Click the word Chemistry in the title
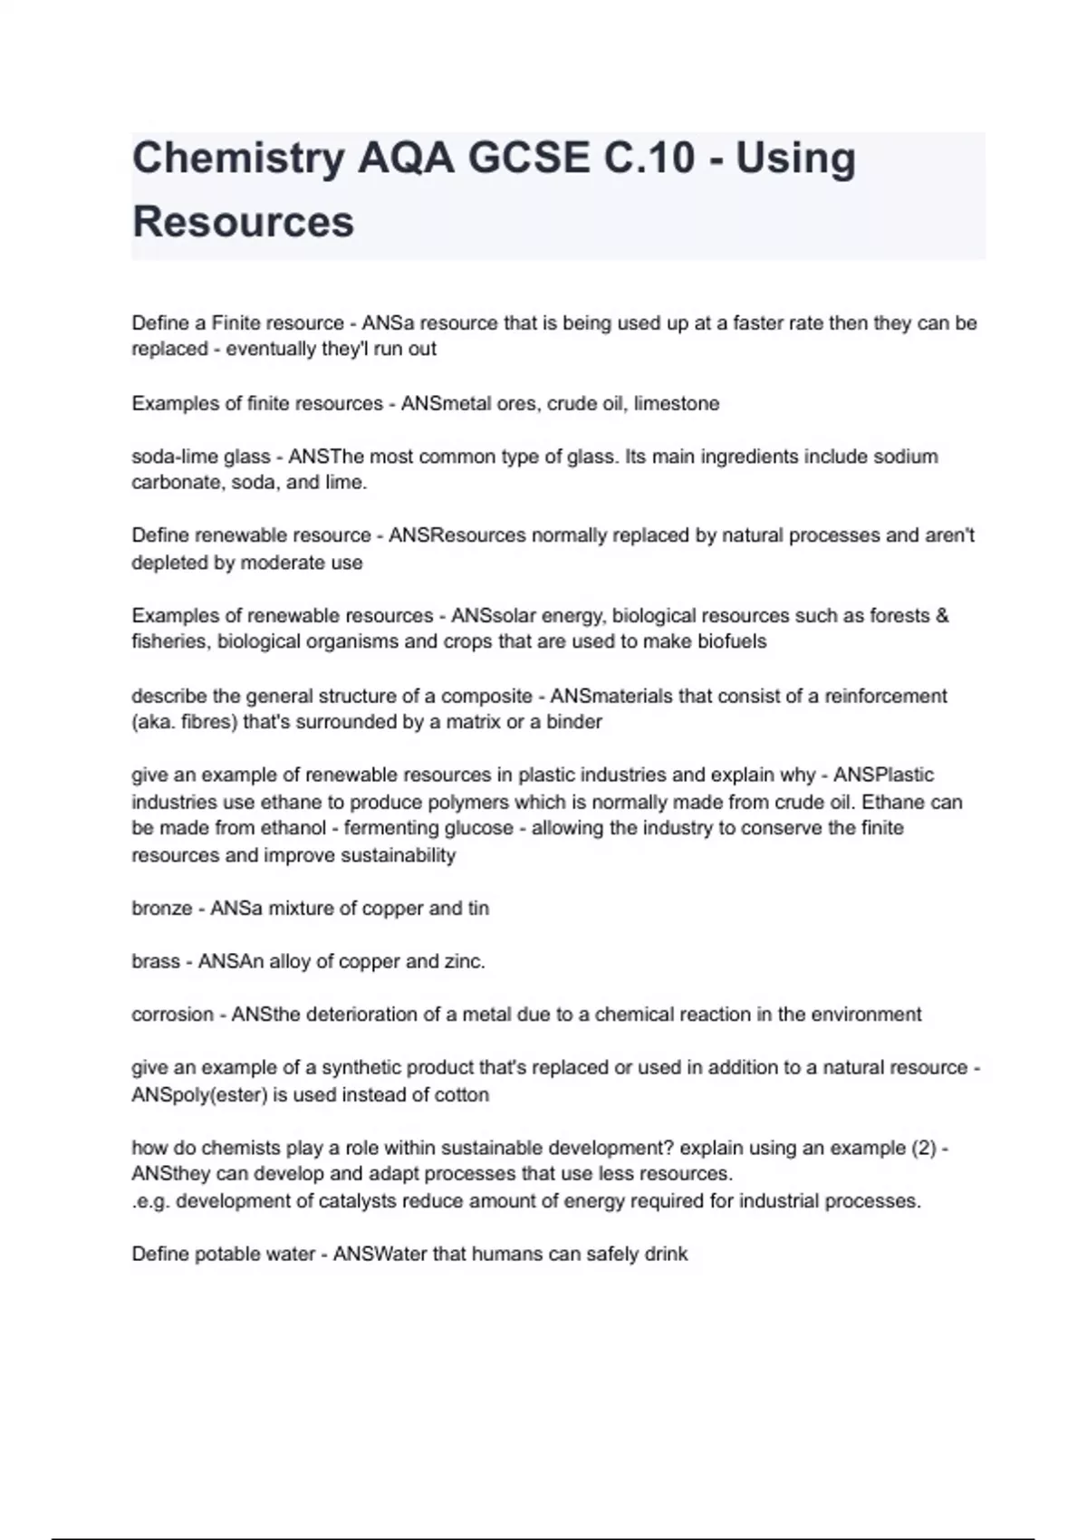pyautogui.click(x=238, y=159)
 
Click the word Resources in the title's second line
pyautogui.click(x=243, y=222)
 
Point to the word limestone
pyautogui.click(x=677, y=404)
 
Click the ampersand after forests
pyautogui.click(x=942, y=616)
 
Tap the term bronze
pyautogui.click(x=161, y=909)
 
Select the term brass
pyautogui.click(x=156, y=961)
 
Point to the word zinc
pyautogui.click(x=463, y=961)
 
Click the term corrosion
pyautogui.click(x=172, y=1015)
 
